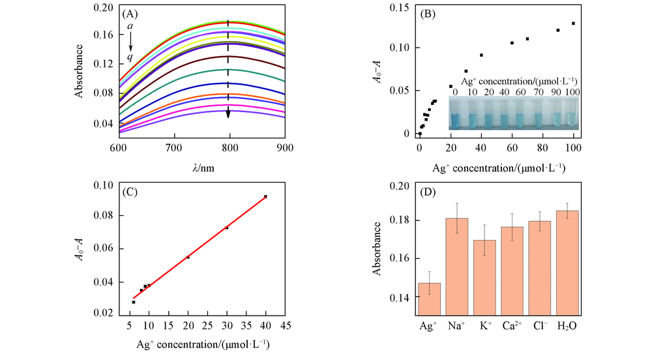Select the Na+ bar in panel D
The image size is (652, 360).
(457, 267)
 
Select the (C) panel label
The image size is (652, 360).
(131, 194)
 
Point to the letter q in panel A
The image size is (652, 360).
(130, 57)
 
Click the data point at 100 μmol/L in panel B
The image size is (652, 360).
(574, 23)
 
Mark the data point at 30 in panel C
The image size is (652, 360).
(227, 228)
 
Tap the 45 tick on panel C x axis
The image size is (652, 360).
(286, 325)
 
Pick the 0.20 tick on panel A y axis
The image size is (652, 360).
(104, 7)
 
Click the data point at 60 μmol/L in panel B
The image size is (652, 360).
(512, 43)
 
